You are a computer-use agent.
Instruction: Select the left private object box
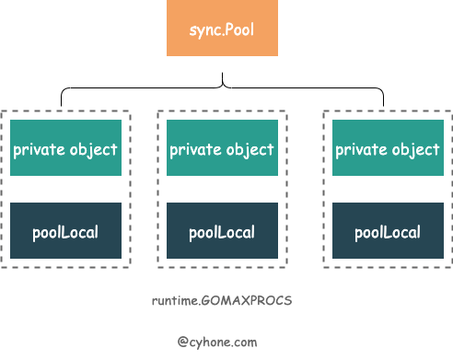pos(65,149)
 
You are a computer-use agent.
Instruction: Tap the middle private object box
pos(222,149)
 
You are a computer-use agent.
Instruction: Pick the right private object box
pos(388,149)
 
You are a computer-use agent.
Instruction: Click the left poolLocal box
pos(65,231)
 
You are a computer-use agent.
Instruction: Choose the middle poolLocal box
pos(222,231)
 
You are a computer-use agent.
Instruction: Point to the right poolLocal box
pos(388,231)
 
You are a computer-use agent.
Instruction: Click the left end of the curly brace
pos(63,102)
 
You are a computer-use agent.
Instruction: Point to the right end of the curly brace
pos(382,102)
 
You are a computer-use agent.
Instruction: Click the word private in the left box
pos(38,149)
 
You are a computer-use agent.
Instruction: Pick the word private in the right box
pos(360,149)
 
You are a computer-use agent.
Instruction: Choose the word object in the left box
pos(94,149)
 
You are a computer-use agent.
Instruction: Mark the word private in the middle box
pos(194,149)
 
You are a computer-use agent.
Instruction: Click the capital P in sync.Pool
pos(233,28)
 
